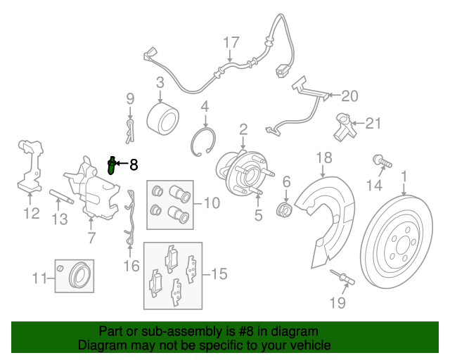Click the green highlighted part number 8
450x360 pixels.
click(x=111, y=166)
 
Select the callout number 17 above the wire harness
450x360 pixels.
click(x=231, y=42)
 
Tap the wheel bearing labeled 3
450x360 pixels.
click(x=162, y=119)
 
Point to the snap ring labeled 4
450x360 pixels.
click(x=203, y=142)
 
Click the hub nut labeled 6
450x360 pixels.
click(x=283, y=210)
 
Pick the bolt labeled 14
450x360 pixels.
click(x=382, y=161)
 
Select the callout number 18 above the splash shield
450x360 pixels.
click(x=324, y=157)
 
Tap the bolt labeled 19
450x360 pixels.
click(x=342, y=277)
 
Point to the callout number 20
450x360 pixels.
click(x=349, y=96)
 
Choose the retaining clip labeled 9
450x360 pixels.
click(x=130, y=131)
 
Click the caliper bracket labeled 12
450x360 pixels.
click(x=30, y=166)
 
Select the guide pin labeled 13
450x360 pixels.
click(x=61, y=197)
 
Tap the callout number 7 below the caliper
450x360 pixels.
click(x=91, y=238)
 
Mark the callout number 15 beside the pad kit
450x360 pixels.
click(x=219, y=274)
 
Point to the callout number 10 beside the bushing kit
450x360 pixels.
click(x=212, y=202)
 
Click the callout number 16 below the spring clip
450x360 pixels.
click(x=131, y=266)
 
